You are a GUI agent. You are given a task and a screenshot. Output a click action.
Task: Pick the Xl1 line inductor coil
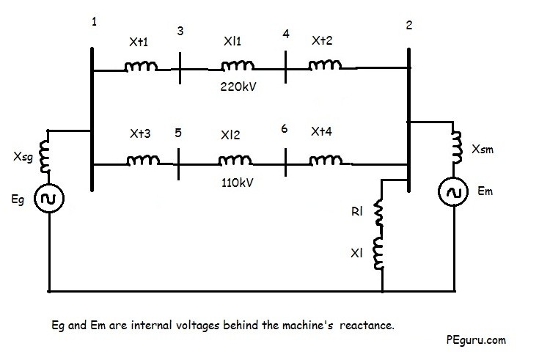[x=233, y=69]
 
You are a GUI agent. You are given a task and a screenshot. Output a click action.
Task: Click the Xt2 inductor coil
[x=323, y=67]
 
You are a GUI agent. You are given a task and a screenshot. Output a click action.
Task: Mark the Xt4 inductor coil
[x=323, y=159]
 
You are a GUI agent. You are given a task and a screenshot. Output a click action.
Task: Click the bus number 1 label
[x=93, y=22]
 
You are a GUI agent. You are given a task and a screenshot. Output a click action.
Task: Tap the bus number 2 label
[x=408, y=26]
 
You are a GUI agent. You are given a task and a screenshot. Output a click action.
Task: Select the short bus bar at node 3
[x=180, y=70]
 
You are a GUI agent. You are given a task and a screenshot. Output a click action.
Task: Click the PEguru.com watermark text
[x=474, y=340]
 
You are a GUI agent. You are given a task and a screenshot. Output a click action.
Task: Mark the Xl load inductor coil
[x=380, y=252]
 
